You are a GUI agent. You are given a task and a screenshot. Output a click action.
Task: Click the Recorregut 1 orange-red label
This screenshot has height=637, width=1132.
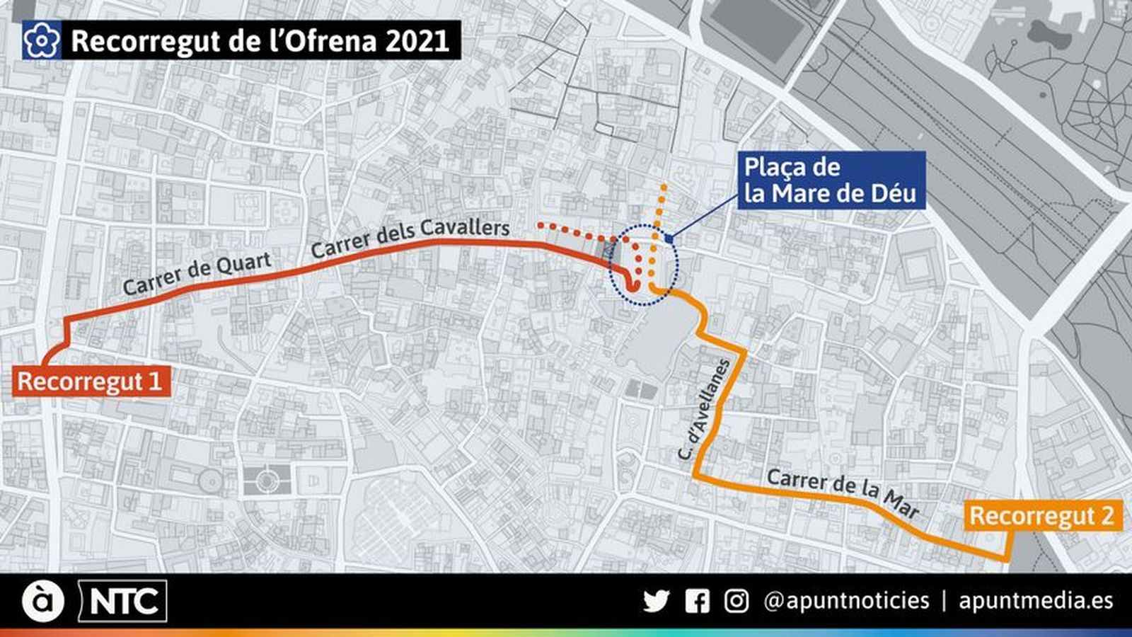(91, 381)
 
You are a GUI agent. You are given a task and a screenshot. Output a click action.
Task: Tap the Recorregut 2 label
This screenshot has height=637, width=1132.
(1042, 515)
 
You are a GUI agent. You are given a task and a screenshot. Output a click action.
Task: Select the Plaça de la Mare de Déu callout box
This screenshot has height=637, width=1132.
(831, 180)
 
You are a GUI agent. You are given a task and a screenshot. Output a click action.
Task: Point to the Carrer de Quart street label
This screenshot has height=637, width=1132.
(197, 274)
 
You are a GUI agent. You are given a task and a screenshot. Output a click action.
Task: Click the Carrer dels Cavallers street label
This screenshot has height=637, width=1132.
(410, 238)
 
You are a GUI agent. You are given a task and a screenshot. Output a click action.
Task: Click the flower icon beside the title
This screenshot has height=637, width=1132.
(41, 40)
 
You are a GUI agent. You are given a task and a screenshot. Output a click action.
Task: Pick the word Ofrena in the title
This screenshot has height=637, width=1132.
(329, 41)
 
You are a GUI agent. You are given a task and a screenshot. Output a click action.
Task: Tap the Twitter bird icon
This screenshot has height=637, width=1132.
(656, 601)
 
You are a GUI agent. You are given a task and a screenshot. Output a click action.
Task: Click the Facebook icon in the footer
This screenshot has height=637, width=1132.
(697, 601)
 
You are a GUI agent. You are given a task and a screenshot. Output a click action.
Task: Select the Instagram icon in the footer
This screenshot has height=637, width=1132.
(736, 601)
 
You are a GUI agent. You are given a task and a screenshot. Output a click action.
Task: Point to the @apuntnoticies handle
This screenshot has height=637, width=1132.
(846, 601)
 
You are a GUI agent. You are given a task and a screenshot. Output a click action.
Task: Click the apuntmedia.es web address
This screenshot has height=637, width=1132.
(1036, 601)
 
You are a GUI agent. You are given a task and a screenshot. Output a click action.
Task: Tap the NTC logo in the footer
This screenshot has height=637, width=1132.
(123, 602)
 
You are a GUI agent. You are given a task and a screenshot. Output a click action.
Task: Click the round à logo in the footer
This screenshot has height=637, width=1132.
(42, 602)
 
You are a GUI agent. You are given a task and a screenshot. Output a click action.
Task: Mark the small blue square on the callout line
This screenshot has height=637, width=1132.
(669, 239)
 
